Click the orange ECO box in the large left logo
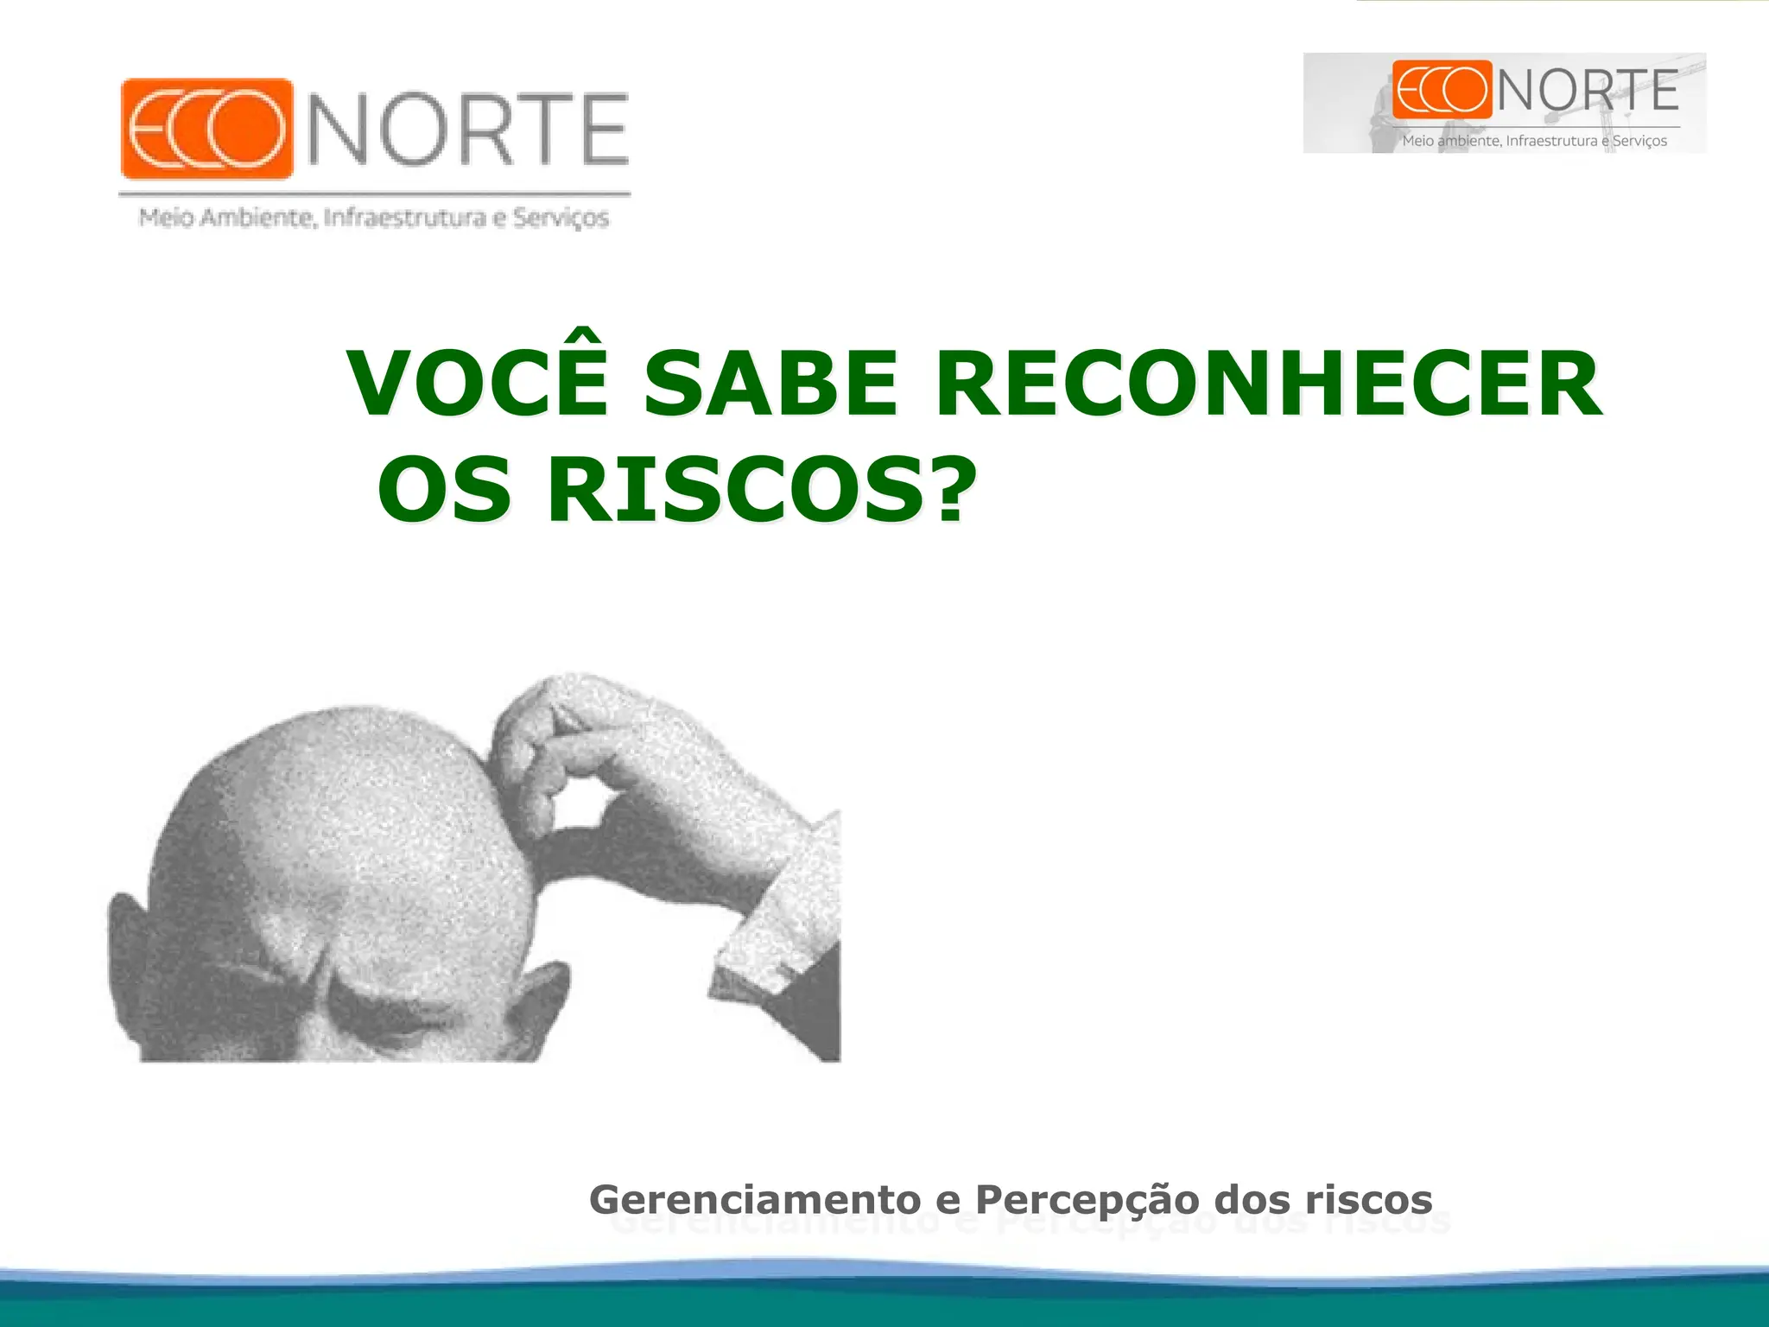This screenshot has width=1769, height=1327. tap(206, 129)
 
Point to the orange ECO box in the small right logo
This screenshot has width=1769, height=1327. tap(1442, 90)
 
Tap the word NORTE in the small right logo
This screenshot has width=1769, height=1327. tap(1588, 90)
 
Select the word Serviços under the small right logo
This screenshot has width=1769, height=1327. tap(1639, 141)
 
